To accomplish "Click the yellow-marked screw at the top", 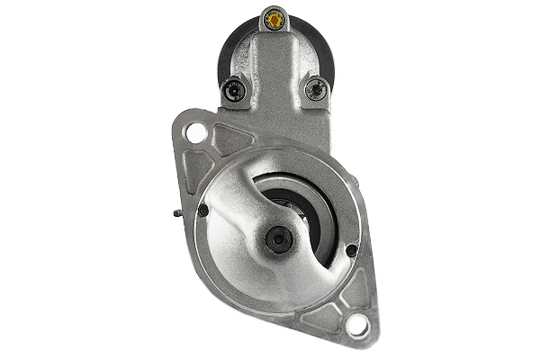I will coord(274,17).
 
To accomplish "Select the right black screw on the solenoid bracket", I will coord(315,88).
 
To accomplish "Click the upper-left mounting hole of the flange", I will coord(194,133).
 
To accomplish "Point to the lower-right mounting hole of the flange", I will coord(356,325).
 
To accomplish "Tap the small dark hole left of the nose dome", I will coord(203,210).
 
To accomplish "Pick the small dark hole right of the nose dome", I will coord(351,249).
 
